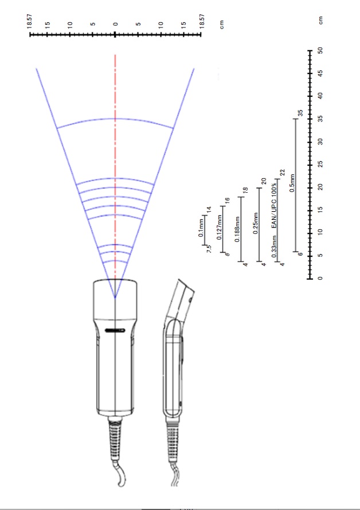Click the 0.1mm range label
pos(201,228)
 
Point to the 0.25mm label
pos(256,224)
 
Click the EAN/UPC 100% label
pos(275,205)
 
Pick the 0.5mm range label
pos(292,183)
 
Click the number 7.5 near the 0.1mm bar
pos(209,249)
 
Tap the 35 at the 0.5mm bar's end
pos(300,113)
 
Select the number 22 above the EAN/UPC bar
pos(282,173)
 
